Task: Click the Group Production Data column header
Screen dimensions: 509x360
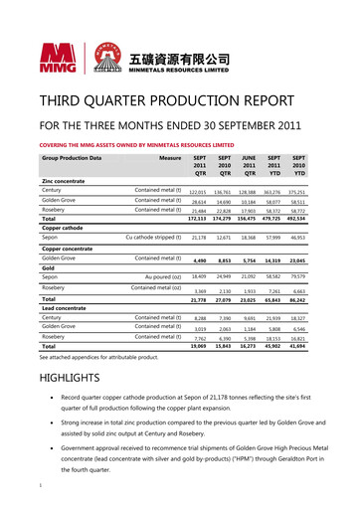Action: click(x=73, y=156)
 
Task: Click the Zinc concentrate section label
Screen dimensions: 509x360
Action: click(x=66, y=180)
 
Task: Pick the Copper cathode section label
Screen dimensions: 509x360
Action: click(x=62, y=229)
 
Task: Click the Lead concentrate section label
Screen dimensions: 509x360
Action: click(x=64, y=307)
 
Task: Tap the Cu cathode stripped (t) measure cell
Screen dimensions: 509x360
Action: click(x=152, y=239)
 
